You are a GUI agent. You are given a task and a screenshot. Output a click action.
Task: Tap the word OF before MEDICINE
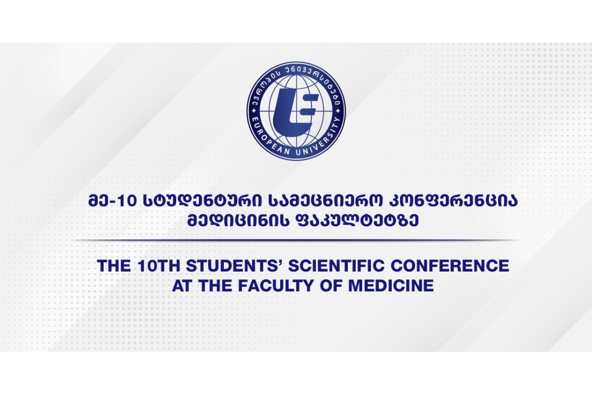point(335,286)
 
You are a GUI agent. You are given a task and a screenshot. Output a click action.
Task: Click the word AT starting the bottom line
point(182,286)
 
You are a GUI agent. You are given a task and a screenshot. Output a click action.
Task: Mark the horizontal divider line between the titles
point(296,240)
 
